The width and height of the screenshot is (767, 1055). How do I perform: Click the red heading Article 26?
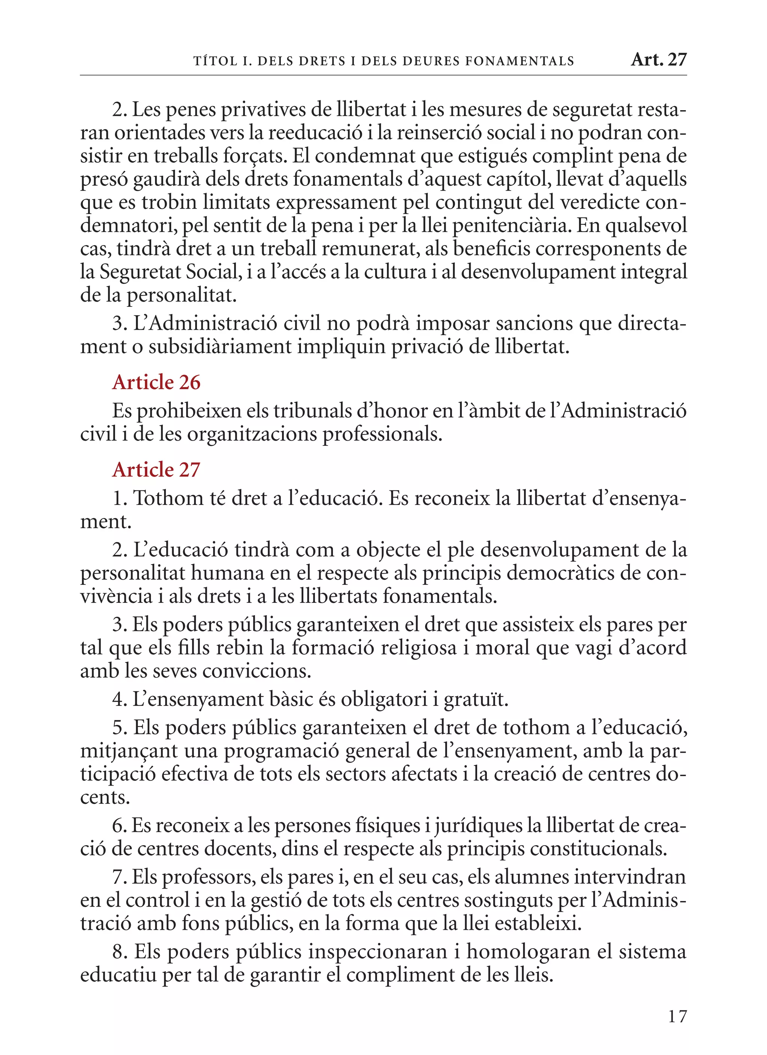click(x=156, y=383)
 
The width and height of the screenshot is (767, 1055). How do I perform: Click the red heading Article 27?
click(x=156, y=470)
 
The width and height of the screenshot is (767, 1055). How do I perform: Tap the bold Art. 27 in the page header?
click(x=659, y=60)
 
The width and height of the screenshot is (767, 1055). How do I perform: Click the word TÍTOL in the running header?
click(x=215, y=61)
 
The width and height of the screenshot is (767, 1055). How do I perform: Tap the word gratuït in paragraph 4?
click(x=476, y=699)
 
